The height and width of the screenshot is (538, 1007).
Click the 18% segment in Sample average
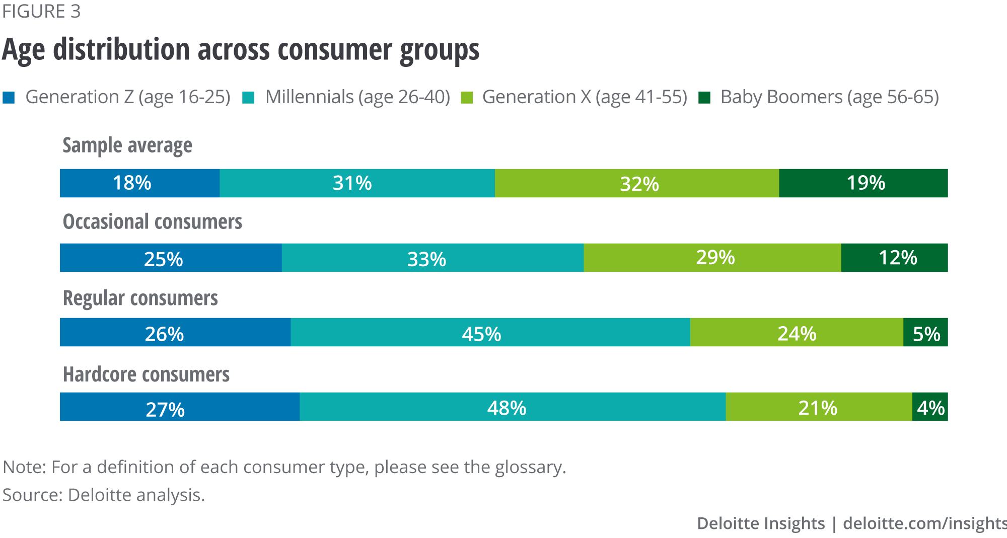tap(139, 183)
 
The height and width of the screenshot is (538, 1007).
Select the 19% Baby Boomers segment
tap(863, 183)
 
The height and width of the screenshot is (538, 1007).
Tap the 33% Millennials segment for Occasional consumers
tap(432, 258)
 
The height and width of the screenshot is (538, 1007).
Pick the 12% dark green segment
tap(894, 258)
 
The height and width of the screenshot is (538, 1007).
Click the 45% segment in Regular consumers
tap(490, 332)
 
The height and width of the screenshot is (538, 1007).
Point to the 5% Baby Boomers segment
tap(925, 332)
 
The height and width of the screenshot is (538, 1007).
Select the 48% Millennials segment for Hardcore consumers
tap(512, 407)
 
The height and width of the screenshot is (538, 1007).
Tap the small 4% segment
tap(930, 407)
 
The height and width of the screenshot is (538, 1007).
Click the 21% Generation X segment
tap(818, 407)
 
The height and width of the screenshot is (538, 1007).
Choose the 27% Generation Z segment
tap(179, 407)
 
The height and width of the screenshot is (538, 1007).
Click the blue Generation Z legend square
tap(9, 98)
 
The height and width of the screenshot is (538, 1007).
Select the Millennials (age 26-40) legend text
tap(357, 97)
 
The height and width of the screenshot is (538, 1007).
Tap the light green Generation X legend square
tap(467, 98)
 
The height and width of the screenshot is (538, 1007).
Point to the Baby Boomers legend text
tap(829, 97)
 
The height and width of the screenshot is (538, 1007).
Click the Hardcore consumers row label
tap(146, 375)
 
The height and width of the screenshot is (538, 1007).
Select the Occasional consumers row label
tap(153, 222)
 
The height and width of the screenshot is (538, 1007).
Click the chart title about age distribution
tap(240, 50)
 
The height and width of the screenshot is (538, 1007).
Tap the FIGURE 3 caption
tap(41, 12)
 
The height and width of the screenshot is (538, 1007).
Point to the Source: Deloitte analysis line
tap(104, 495)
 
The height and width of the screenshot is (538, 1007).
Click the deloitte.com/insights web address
tap(924, 523)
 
